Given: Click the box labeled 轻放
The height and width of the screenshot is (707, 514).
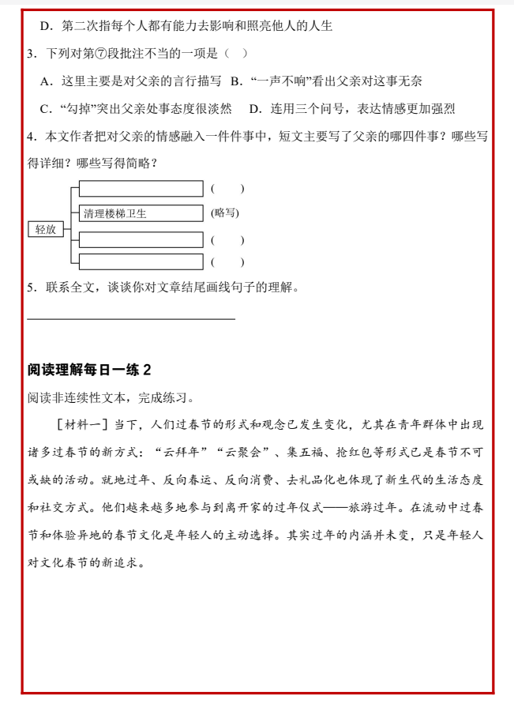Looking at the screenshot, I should click(45, 229).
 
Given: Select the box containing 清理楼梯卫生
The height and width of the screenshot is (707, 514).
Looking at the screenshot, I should click(141, 213).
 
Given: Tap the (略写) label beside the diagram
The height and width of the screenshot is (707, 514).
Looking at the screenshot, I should click(225, 212).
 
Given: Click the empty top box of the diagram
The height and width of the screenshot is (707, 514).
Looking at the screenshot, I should click(141, 189).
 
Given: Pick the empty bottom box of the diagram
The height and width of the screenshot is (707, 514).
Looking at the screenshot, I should click(141, 261).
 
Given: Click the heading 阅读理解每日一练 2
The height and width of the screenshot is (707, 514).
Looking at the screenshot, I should click(88, 370).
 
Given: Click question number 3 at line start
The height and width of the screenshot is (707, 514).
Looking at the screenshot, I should click(30, 53).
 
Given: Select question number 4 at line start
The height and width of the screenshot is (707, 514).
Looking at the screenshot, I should click(30, 137).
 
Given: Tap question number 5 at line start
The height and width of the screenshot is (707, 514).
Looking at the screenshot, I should click(30, 288).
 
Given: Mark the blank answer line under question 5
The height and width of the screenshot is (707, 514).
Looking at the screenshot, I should click(131, 319).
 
